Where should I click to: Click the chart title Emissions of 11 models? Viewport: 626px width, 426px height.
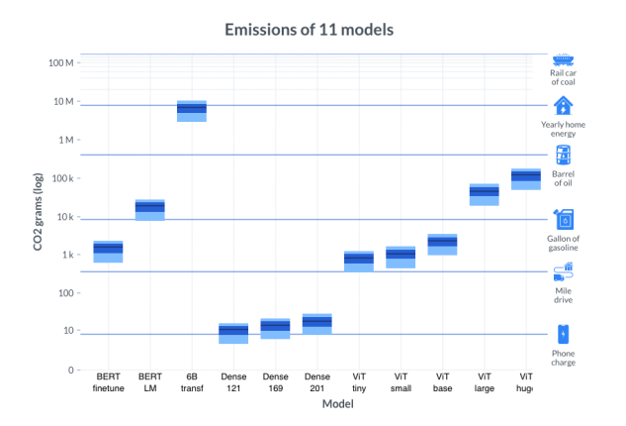point(309,30)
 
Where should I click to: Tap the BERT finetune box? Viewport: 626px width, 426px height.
point(108,251)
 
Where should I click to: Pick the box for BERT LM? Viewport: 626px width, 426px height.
point(149,209)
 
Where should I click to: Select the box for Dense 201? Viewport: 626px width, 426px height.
point(316,323)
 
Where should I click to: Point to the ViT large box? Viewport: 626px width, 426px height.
point(484,193)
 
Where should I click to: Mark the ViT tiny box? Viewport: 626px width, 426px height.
point(359,261)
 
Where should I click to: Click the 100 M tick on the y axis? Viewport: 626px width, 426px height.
point(61,62)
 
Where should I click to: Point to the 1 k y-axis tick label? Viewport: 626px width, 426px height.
point(67,255)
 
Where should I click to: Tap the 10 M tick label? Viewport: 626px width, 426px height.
point(63,101)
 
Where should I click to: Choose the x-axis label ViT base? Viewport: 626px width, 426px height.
point(442,382)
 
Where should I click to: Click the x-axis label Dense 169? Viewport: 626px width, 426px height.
point(275,382)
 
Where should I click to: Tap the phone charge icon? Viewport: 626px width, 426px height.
point(563,334)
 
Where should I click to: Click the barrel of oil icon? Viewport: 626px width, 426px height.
point(563,155)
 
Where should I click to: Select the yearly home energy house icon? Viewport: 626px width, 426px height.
point(563,106)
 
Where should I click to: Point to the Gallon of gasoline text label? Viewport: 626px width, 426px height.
point(563,243)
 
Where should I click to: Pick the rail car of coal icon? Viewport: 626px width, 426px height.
point(563,60)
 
